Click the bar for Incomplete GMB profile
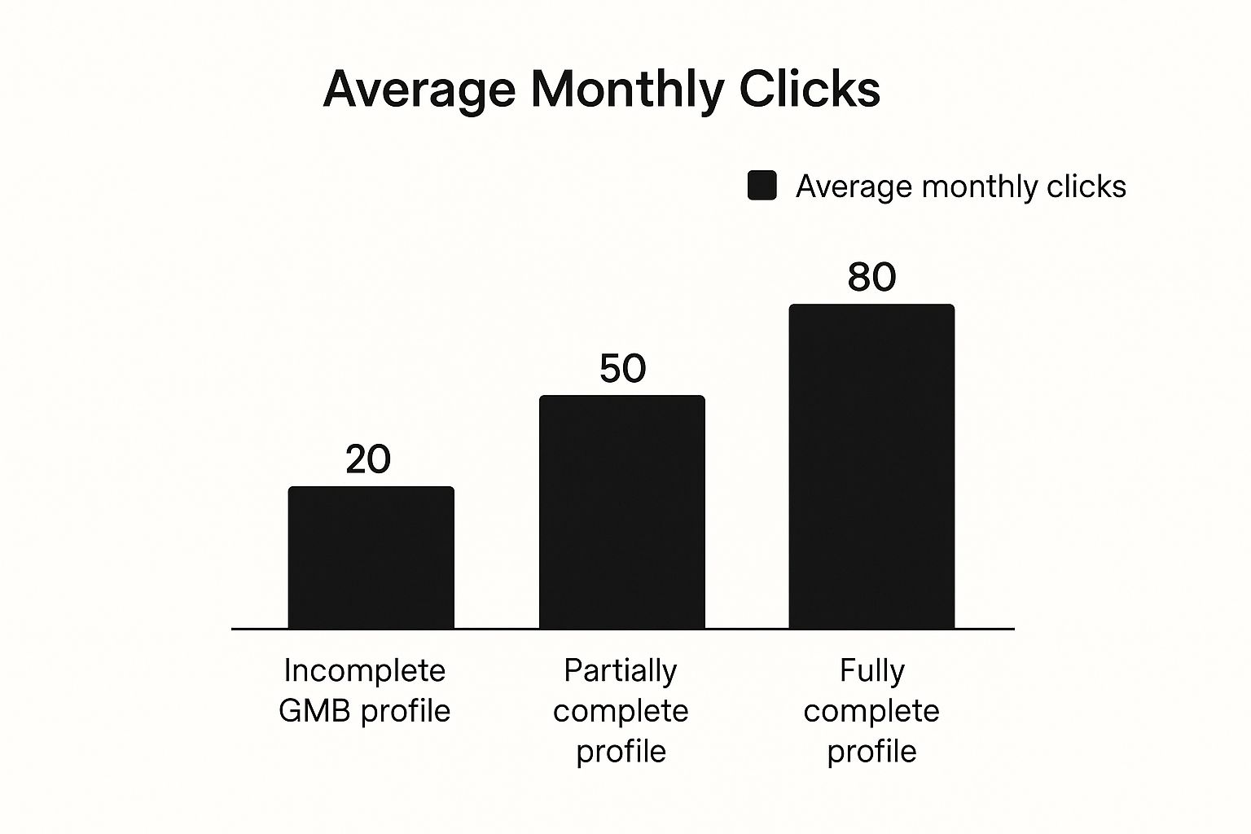click(x=371, y=558)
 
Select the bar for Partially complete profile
click(x=621, y=512)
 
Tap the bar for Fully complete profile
click(x=871, y=467)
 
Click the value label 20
click(x=368, y=459)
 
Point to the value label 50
click(x=622, y=368)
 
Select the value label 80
click(x=871, y=277)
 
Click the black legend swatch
click(x=762, y=186)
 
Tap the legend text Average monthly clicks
click(x=960, y=187)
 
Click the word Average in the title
click(x=419, y=89)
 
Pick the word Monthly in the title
click(x=626, y=90)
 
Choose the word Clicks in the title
click(x=810, y=89)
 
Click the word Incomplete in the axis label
click(x=365, y=671)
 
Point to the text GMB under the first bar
click(x=314, y=711)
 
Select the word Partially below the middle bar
click(x=621, y=671)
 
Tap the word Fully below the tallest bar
click(x=872, y=671)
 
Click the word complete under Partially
click(x=621, y=712)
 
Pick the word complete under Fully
click(x=871, y=712)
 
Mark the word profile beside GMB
click(x=406, y=711)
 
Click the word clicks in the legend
click(x=1086, y=187)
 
